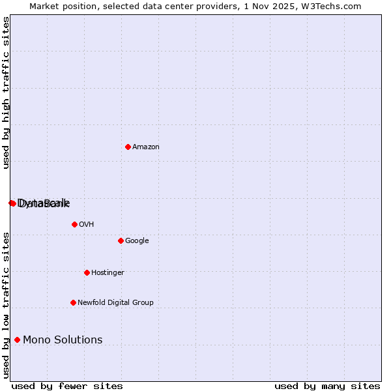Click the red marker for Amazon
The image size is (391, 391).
pos(128,147)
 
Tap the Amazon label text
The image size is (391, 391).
pos(146,147)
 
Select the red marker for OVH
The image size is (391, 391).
pos(74,224)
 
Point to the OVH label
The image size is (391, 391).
pos(87,225)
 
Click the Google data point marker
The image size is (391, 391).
pos(121,240)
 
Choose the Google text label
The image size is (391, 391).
pos(137,241)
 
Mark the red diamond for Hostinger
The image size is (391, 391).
pos(87,272)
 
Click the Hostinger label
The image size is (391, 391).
pos(108,273)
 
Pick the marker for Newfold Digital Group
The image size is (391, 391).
pos(73,302)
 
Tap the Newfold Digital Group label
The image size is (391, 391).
pos(115,303)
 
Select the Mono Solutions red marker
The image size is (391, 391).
pos(17,340)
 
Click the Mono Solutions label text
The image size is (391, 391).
pos(63,340)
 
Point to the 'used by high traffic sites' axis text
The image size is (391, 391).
pos(7,93)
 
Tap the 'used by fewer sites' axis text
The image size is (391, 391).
pos(67,386)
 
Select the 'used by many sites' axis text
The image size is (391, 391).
pos(327,386)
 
